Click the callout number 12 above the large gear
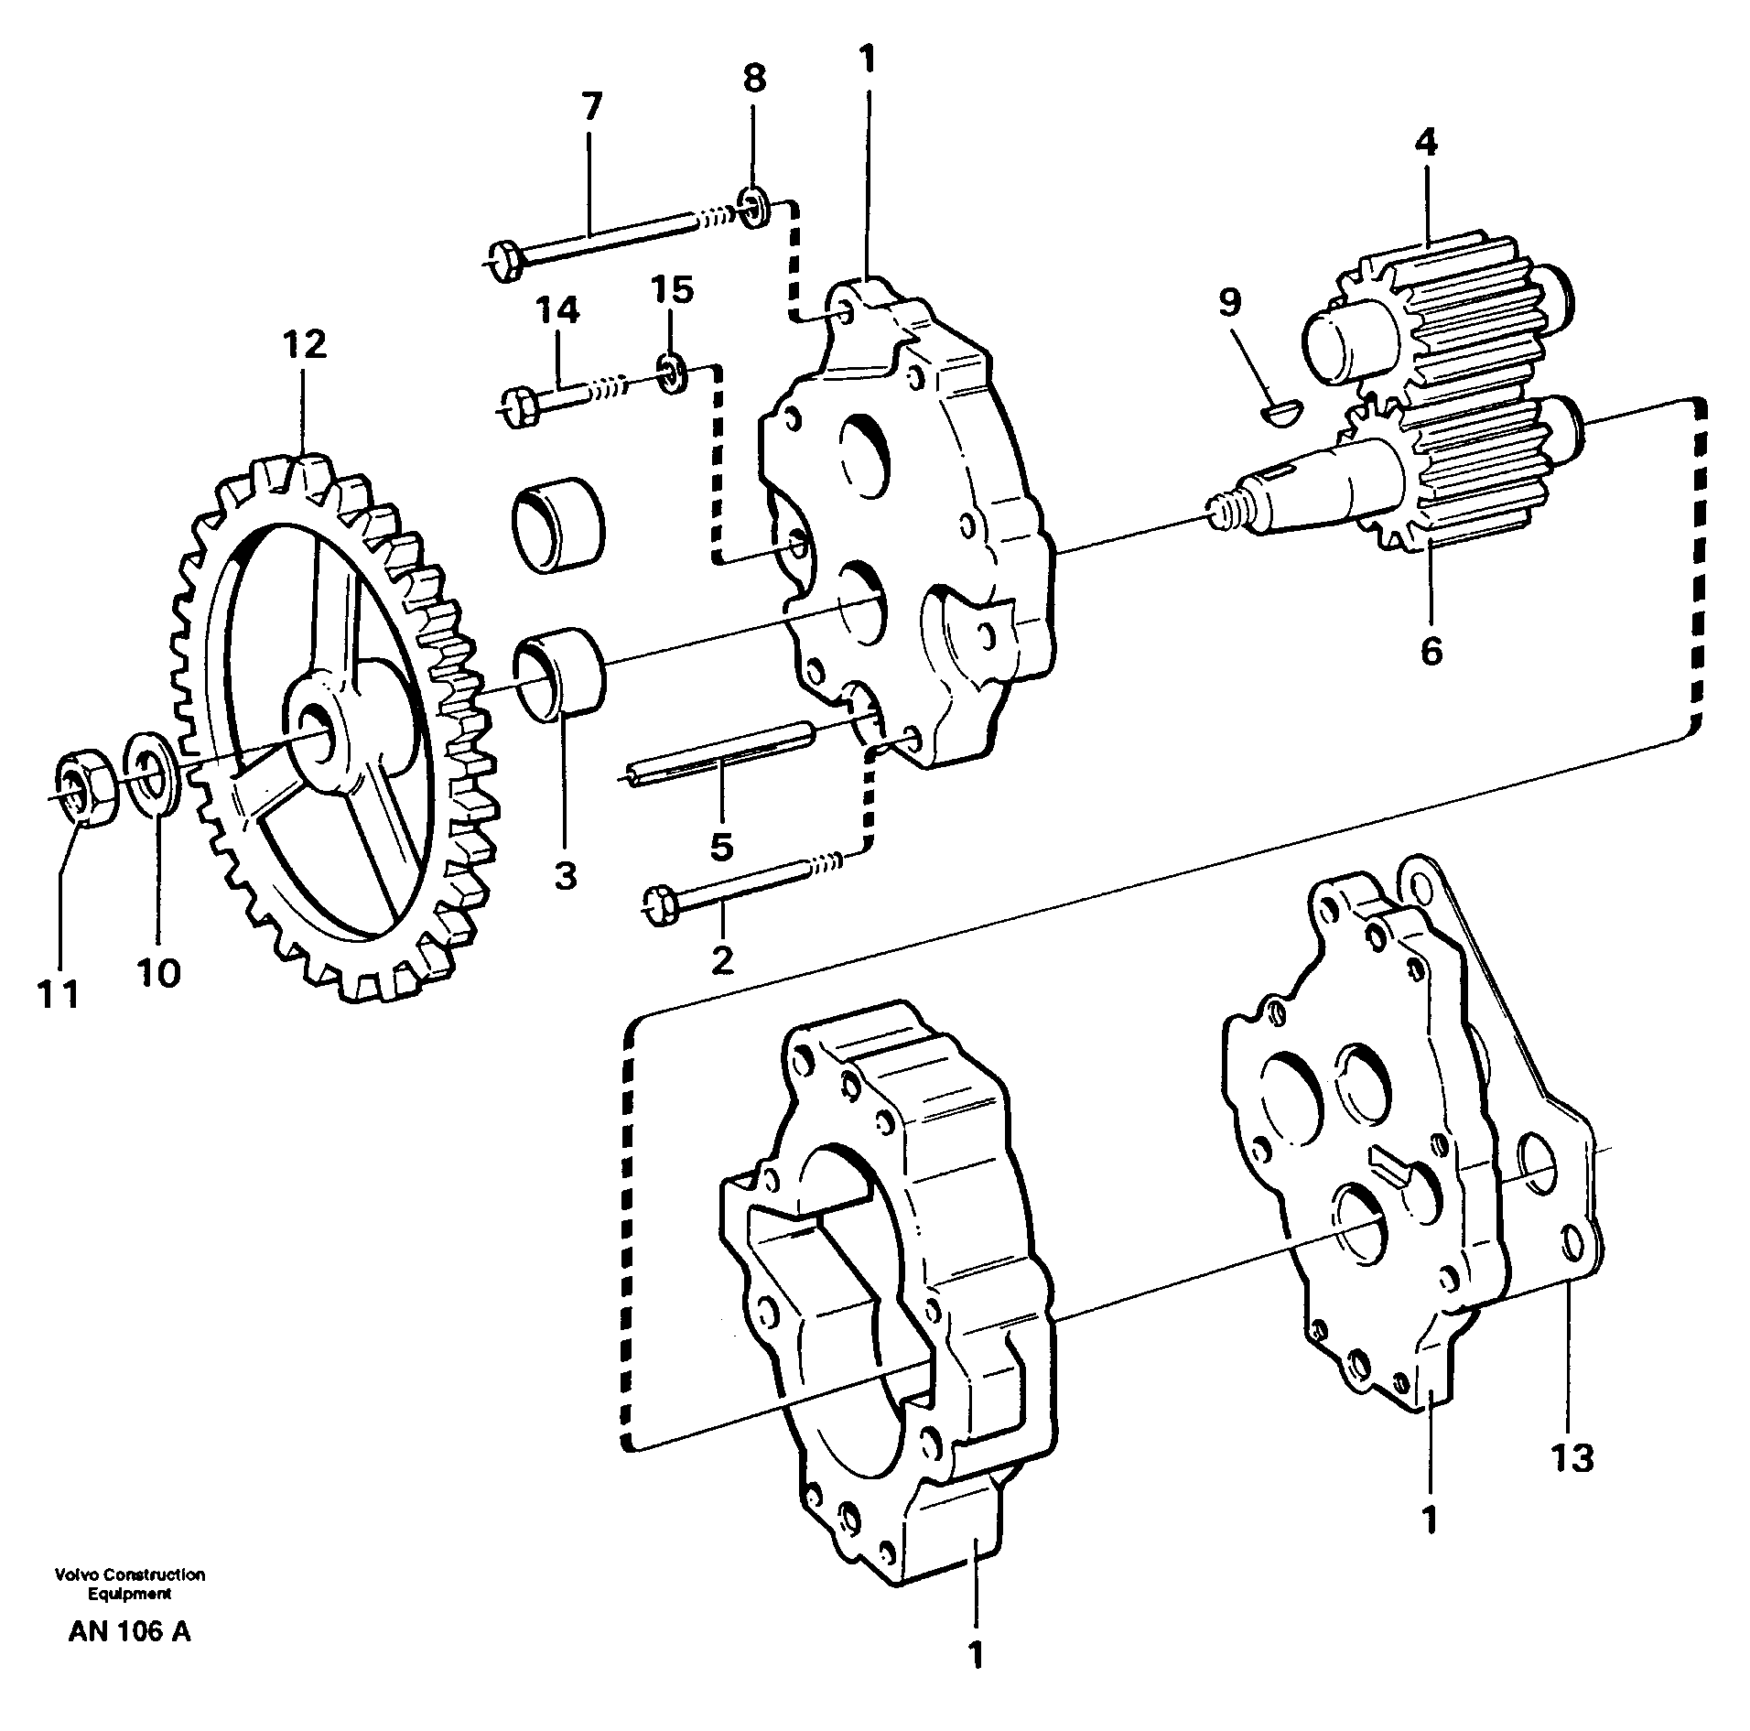tap(304, 346)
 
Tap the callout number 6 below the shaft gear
tap(1431, 651)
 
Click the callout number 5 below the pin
tap(721, 847)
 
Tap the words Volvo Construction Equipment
tap(129, 1583)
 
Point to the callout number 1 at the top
tap(867, 60)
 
